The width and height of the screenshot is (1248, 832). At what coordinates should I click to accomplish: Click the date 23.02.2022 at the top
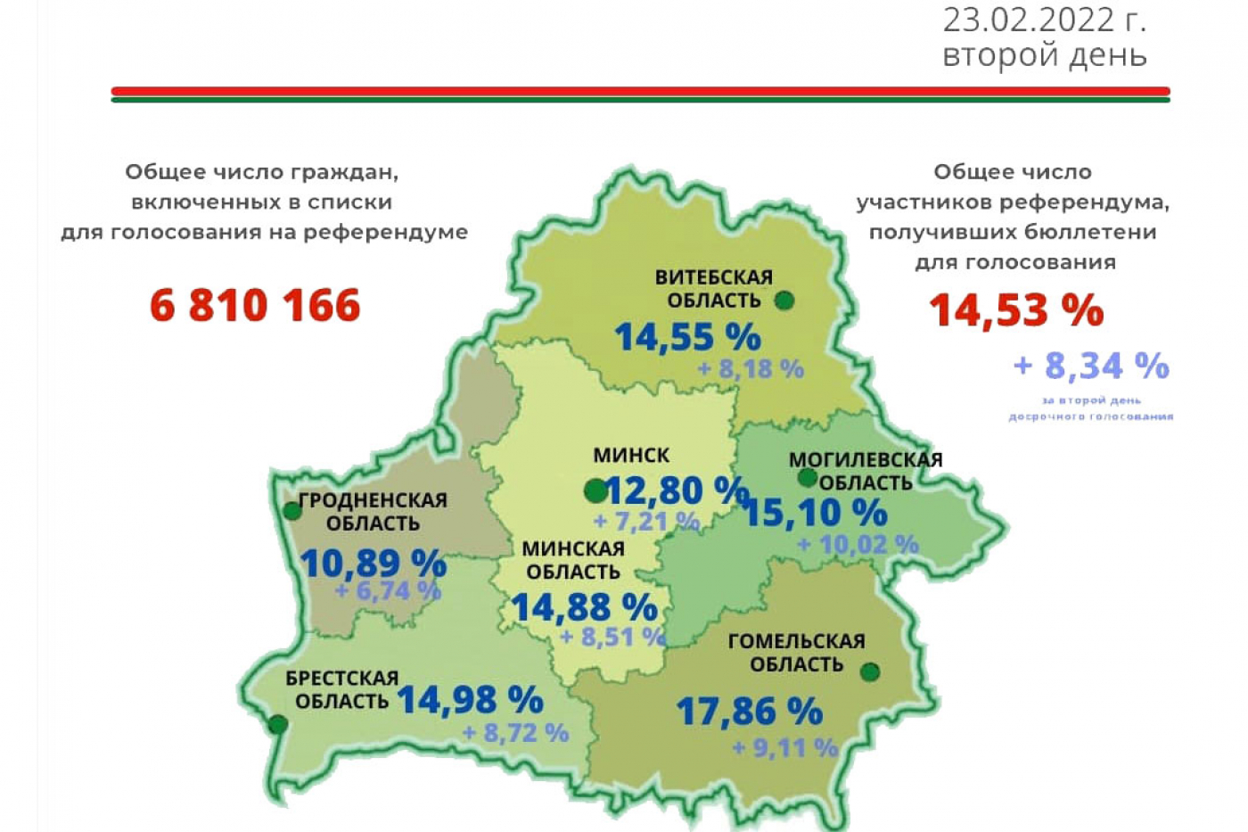click(1044, 20)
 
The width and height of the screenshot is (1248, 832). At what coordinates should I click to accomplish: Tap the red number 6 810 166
click(255, 305)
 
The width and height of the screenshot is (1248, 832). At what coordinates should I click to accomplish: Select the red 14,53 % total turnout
click(1016, 310)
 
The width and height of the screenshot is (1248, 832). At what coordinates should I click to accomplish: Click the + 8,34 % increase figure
click(1090, 366)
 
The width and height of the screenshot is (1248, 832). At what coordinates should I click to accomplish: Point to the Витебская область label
click(713, 289)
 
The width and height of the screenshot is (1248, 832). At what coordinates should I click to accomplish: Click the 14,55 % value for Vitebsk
click(687, 337)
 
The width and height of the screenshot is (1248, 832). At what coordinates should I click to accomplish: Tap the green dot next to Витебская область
click(784, 301)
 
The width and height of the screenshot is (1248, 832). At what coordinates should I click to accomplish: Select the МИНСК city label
click(631, 455)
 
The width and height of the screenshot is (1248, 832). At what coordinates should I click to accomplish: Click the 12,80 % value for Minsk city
click(676, 490)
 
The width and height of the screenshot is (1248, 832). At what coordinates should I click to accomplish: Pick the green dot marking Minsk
click(595, 490)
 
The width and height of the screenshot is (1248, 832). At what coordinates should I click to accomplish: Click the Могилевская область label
click(866, 471)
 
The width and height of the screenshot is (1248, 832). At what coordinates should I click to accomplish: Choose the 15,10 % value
click(815, 513)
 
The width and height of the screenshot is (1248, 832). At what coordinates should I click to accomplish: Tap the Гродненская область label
click(373, 512)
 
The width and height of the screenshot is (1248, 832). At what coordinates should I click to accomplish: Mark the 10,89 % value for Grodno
click(373, 564)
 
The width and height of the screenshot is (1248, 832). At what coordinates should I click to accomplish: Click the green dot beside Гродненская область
click(292, 511)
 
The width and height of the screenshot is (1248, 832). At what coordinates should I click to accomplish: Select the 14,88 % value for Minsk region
click(584, 607)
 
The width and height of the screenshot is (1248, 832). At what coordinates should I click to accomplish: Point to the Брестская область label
click(342, 689)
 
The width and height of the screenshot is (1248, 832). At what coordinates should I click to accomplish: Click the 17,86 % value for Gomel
click(749, 712)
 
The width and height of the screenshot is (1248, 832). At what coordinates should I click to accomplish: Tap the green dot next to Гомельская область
click(870, 671)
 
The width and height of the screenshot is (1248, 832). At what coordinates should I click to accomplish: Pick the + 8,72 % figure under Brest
click(515, 733)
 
